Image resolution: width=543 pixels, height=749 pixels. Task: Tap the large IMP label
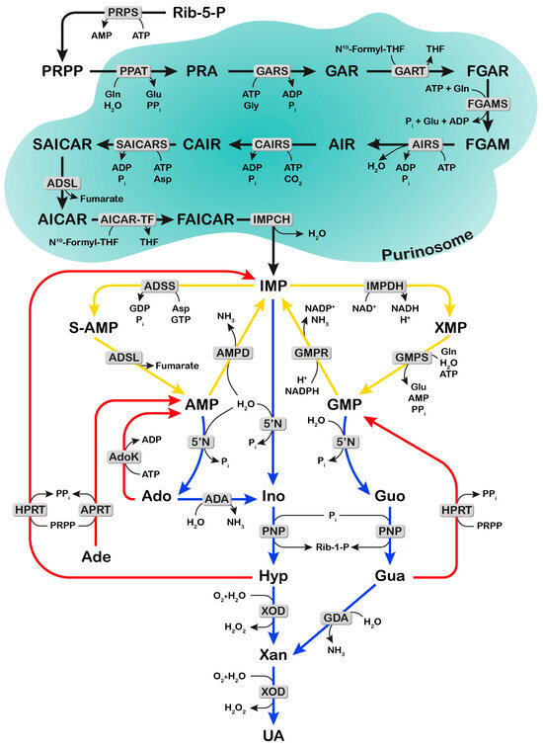pyautogui.click(x=274, y=287)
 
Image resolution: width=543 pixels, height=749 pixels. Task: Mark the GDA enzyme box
pyautogui.click(x=337, y=619)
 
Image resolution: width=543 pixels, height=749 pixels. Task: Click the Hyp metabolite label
pyautogui.click(x=273, y=573)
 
